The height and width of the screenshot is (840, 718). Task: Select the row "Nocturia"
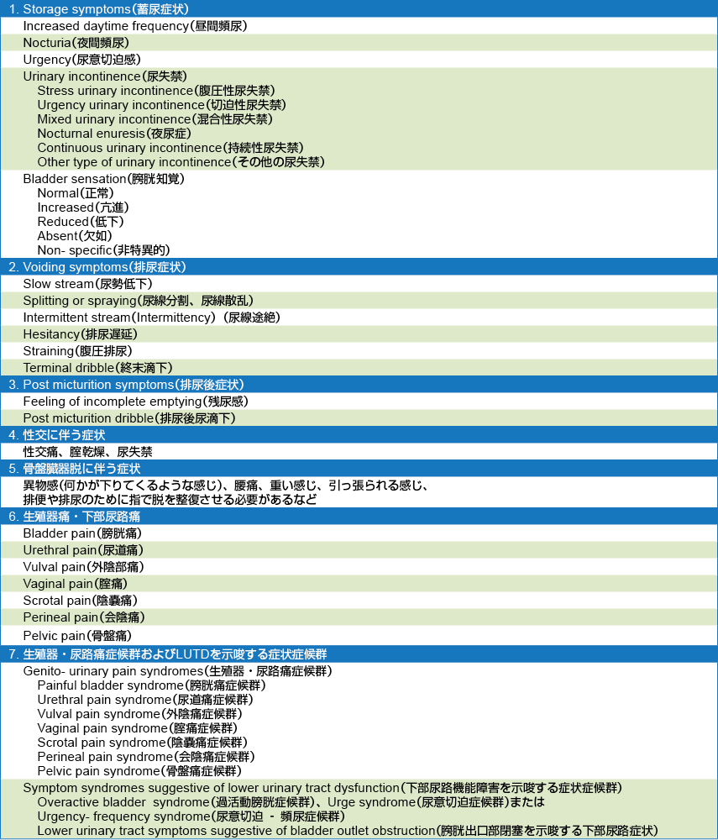[76, 43]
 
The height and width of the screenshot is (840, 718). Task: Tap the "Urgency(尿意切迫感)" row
[81, 60]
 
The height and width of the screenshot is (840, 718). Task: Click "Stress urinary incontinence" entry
[155, 91]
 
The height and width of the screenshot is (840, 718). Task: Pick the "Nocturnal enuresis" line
[114, 134]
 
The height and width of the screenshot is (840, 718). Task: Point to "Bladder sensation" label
[103, 179]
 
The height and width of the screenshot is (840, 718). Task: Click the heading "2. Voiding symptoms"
[97, 267]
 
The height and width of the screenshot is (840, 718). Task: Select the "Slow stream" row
[87, 284]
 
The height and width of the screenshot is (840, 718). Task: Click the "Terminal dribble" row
[97, 368]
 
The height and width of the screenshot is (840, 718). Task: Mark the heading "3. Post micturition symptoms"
[126, 385]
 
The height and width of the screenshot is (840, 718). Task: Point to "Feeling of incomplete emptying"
[135, 402]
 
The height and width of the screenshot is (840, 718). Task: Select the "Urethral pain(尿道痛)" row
[82, 550]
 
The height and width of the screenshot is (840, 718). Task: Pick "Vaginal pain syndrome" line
[137, 728]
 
